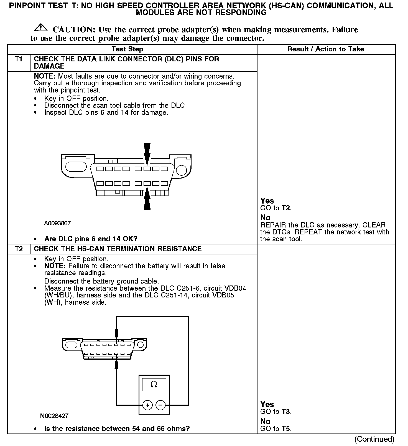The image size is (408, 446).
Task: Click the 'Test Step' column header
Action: pos(127,49)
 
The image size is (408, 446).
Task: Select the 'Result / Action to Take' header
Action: pos(325,49)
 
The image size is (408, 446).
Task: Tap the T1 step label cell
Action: pos(19,59)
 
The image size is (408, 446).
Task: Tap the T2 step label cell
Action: pos(19,249)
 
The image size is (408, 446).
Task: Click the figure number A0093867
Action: pos(57,223)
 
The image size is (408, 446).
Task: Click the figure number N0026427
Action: pos(54,416)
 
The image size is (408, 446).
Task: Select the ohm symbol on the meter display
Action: pos(154,384)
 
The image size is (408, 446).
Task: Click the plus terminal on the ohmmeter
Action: pos(147,405)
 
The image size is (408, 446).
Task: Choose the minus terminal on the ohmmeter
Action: pos(161,405)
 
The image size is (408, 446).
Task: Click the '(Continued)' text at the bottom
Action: pos(374,439)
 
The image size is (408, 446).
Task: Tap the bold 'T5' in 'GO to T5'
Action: pos(286,429)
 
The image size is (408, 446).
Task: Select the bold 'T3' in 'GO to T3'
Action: pos(286,412)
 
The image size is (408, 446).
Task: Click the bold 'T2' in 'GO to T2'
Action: pos(286,208)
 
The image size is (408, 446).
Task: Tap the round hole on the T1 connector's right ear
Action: pos(182,170)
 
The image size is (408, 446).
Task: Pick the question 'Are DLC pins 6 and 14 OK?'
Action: pos(91,239)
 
